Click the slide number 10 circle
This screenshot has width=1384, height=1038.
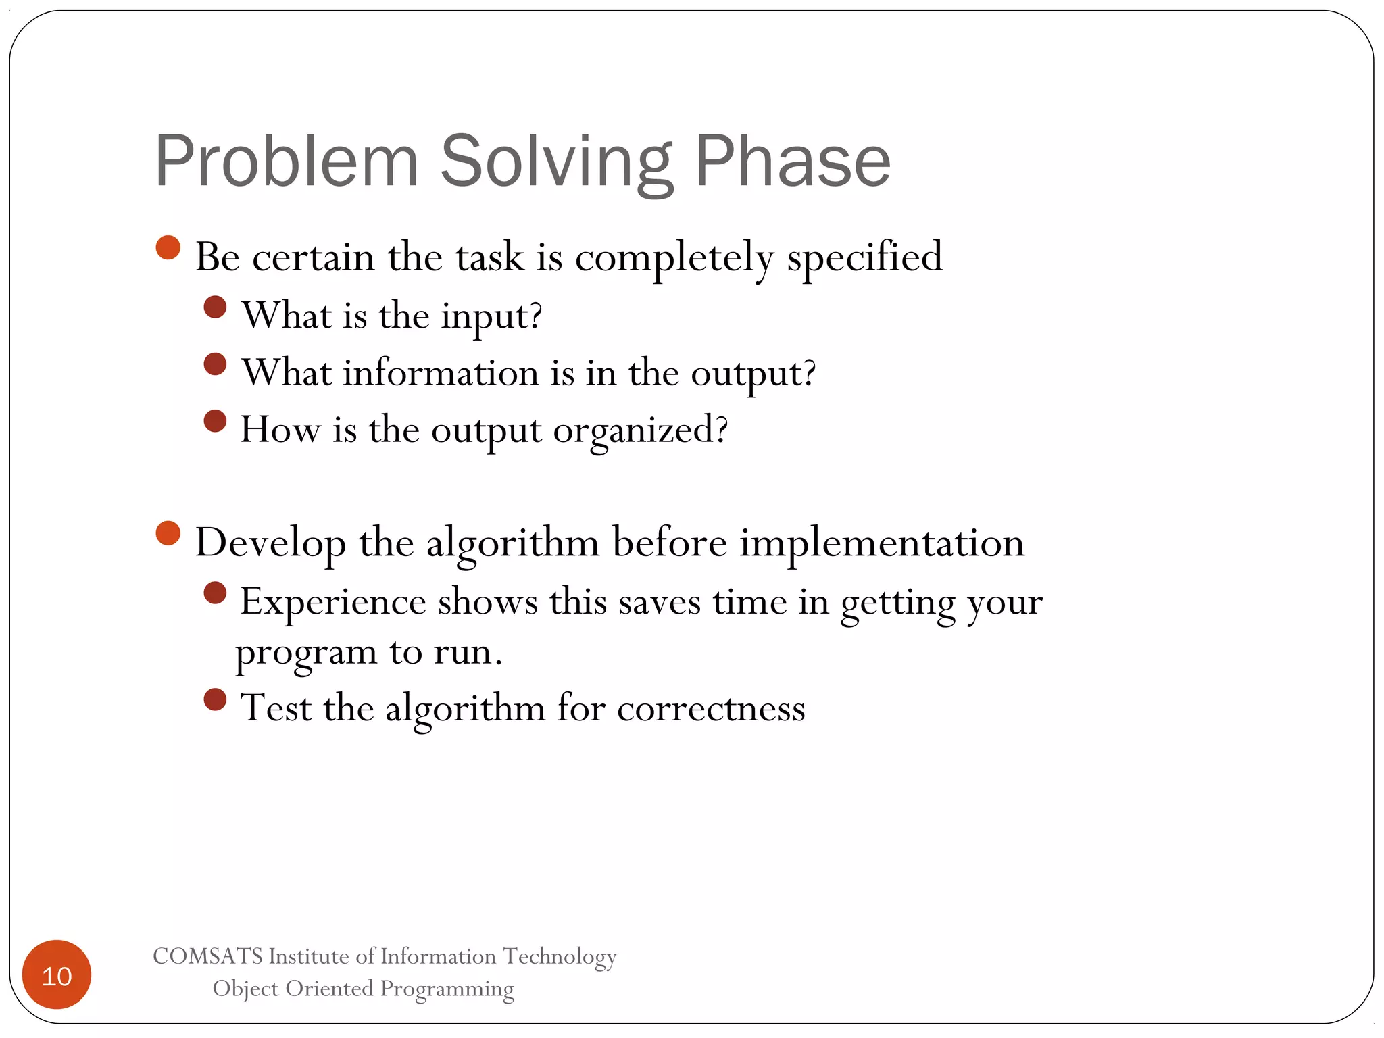click(x=57, y=975)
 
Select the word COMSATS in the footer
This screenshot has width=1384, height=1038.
click(x=207, y=956)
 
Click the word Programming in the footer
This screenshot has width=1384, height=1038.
click(x=447, y=989)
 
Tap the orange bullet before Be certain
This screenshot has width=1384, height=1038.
click(x=168, y=247)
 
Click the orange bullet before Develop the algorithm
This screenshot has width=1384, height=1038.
click(x=168, y=533)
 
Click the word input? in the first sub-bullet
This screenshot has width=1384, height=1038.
click(x=491, y=316)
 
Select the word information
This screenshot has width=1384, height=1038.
click(x=441, y=373)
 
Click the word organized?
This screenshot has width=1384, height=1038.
click(x=640, y=430)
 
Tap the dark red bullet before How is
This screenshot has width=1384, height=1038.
click(x=215, y=421)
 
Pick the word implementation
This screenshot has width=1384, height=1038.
click(x=882, y=543)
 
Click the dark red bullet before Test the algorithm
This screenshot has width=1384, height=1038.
click(x=215, y=699)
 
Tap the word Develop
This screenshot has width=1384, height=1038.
click(x=270, y=543)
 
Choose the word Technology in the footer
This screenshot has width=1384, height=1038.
click(x=560, y=956)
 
